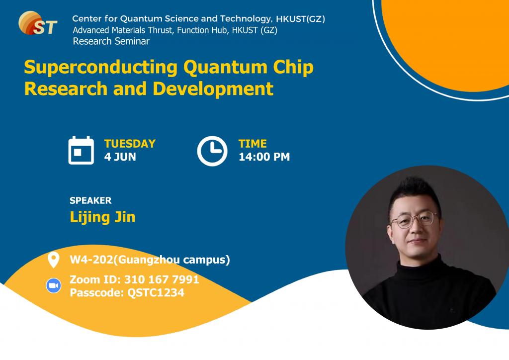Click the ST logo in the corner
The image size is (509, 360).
[37, 23]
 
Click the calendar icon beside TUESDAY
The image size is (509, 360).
[81, 150]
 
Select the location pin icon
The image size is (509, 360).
[53, 260]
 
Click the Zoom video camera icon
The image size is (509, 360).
[53, 286]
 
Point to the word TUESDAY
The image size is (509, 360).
[130, 144]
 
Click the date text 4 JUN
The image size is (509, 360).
[120, 157]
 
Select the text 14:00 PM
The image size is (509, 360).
[264, 157]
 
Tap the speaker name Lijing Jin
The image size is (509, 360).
[102, 217]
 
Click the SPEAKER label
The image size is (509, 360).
[90, 201]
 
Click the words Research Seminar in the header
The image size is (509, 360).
[111, 41]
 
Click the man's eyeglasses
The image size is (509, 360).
[413, 220]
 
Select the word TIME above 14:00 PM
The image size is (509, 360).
[253, 144]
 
